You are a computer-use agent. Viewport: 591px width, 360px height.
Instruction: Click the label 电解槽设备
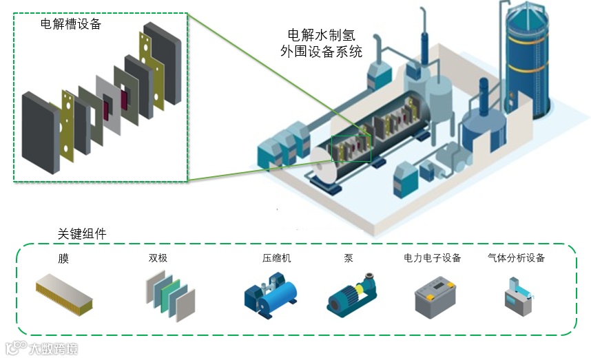point(71,25)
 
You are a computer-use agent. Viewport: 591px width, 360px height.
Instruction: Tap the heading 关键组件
point(82,234)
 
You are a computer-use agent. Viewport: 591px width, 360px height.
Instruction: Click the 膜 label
point(63,259)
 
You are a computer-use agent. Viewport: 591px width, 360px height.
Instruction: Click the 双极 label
point(158,259)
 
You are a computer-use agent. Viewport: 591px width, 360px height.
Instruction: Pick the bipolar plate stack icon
point(170,294)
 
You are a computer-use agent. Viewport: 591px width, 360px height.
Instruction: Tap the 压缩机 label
point(276,259)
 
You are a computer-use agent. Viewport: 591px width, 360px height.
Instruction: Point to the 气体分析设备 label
point(516,259)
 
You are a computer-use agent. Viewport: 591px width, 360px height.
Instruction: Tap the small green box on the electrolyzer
point(351,148)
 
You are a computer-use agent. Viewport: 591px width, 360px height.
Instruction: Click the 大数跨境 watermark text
point(52,349)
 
